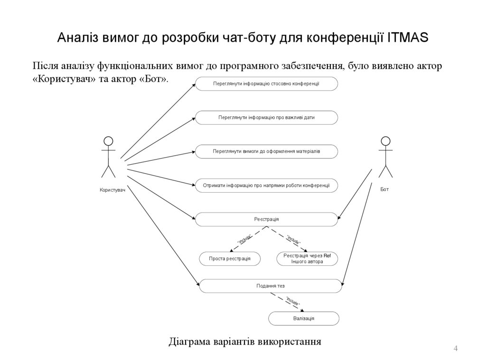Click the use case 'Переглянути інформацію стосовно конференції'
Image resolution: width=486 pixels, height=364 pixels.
pyautogui.click(x=266, y=84)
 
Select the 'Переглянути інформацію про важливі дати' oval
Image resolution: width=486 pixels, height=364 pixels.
pyautogui.click(x=266, y=117)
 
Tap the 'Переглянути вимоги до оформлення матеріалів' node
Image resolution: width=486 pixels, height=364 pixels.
pyautogui.click(x=266, y=151)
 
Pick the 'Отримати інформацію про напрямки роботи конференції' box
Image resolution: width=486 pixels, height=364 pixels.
pyautogui.click(x=266, y=186)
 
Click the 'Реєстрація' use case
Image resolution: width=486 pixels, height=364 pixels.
pyautogui.click(x=266, y=219)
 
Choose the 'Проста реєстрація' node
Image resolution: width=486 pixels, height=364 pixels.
pyautogui.click(x=230, y=259)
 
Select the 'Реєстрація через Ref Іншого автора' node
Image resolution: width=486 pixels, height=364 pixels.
pyautogui.click(x=307, y=259)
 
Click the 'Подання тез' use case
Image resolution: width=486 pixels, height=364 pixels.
pyautogui.click(x=270, y=286)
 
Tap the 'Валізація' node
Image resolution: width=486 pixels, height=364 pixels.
pyautogui.click(x=304, y=318)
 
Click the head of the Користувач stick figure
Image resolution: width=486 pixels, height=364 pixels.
pyautogui.click(x=108, y=141)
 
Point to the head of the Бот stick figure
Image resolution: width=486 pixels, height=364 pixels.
pyautogui.click(x=385, y=141)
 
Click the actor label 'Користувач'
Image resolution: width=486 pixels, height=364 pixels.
pyautogui.click(x=112, y=190)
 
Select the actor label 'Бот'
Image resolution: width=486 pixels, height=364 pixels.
pyautogui.click(x=384, y=189)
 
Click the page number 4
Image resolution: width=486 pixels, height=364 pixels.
pyautogui.click(x=456, y=349)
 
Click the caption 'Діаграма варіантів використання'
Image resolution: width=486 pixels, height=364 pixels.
pyautogui.click(x=245, y=342)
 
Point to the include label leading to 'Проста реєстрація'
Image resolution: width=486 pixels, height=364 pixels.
pyautogui.click(x=244, y=240)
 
